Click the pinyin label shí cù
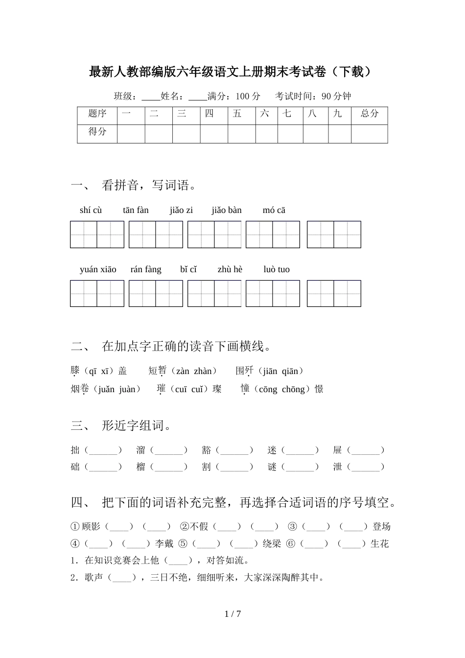91,210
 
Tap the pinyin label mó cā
274,210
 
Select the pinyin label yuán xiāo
98,269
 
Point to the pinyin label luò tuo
277,269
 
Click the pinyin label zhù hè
230,269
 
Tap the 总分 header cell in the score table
370,114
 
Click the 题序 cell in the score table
97,114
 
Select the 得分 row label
97,131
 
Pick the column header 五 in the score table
237,114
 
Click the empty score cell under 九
340,134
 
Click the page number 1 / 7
232,613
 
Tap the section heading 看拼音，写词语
149,185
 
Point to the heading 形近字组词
137,425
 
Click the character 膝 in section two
75,371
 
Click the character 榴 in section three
141,467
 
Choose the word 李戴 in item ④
164,543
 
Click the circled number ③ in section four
293,527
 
